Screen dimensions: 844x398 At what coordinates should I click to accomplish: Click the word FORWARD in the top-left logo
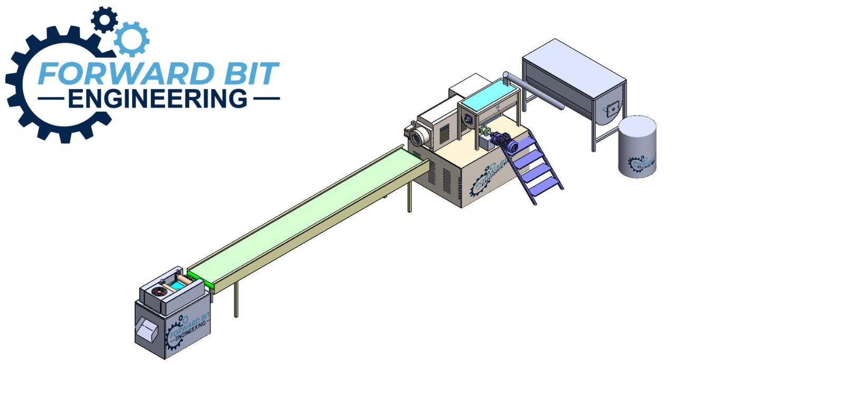126,73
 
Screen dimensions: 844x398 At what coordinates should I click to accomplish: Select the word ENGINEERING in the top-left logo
158,99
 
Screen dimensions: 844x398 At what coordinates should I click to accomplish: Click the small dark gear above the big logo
104,20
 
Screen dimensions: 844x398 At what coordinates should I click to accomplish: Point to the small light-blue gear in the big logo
131,39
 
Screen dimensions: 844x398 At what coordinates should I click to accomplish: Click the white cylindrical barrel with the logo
637,147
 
